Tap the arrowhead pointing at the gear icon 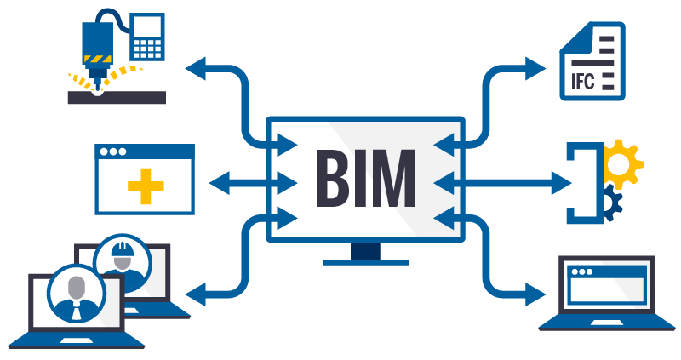(562, 181)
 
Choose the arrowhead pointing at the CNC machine (196, 67)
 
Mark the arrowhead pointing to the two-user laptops (195, 295)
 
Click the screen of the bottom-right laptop (606, 285)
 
